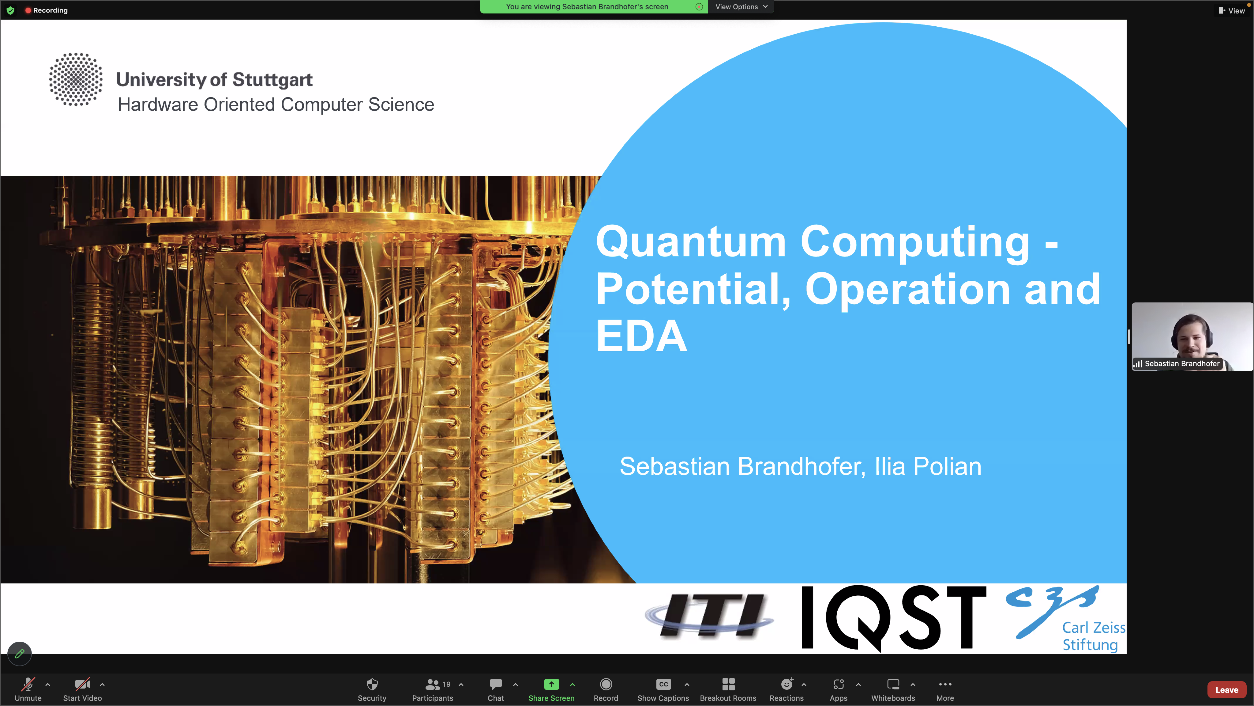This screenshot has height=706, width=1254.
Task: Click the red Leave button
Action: (x=1226, y=690)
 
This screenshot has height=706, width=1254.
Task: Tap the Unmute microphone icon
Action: (x=28, y=684)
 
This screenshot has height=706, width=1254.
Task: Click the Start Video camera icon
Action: (x=82, y=684)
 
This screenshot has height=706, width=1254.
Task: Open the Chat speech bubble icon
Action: (x=496, y=684)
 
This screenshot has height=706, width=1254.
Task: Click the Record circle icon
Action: (x=606, y=684)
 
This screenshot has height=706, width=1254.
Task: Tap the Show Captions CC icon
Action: (x=663, y=684)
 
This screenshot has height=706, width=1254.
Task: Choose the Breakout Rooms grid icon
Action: (x=728, y=684)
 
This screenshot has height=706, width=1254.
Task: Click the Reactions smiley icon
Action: (x=787, y=684)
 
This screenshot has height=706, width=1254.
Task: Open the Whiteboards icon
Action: (x=893, y=684)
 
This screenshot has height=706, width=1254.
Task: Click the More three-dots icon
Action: (x=945, y=684)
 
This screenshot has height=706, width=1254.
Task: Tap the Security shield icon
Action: (x=372, y=684)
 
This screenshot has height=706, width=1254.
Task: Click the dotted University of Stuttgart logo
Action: (x=75, y=79)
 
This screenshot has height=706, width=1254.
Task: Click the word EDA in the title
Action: (x=642, y=336)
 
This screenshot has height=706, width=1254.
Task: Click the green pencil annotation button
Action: (x=20, y=653)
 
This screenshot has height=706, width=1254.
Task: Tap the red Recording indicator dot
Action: (x=28, y=10)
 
